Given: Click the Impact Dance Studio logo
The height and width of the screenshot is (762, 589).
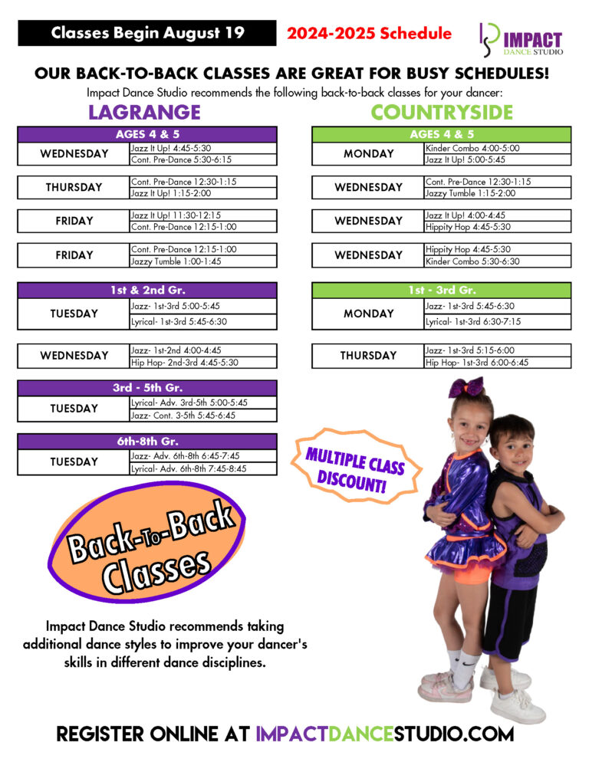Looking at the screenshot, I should pyautogui.click(x=521, y=38).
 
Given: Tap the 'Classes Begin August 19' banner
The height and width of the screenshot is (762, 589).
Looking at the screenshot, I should pyautogui.click(x=147, y=33).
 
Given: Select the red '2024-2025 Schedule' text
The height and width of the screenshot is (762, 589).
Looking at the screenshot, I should pyautogui.click(x=369, y=33).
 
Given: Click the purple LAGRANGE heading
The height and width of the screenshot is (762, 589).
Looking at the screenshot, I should pyautogui.click(x=144, y=112).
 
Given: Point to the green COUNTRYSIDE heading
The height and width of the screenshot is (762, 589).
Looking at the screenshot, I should pyautogui.click(x=442, y=112).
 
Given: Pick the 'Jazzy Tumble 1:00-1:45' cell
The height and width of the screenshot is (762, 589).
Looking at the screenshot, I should pyautogui.click(x=203, y=261).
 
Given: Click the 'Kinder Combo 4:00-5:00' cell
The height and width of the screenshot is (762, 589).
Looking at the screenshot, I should pyautogui.click(x=497, y=147).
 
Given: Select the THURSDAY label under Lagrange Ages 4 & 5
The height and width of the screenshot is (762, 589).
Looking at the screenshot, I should pyautogui.click(x=74, y=187).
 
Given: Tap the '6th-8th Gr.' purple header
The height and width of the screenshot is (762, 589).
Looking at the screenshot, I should pyautogui.click(x=147, y=442).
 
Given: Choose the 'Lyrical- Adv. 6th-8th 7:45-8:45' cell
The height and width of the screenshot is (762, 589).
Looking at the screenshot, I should pyautogui.click(x=203, y=468).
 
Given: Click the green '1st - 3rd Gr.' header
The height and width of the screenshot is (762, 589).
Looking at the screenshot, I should pyautogui.click(x=441, y=291).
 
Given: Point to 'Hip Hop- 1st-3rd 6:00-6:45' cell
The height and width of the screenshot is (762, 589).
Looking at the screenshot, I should pyautogui.click(x=497, y=362).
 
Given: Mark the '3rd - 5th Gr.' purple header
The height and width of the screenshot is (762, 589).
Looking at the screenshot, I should pyautogui.click(x=147, y=388).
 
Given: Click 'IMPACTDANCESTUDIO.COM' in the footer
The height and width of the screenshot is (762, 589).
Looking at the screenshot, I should pyautogui.click(x=384, y=734).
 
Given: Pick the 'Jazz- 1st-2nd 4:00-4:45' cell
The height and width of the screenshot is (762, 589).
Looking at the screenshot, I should pyautogui.click(x=203, y=350).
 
